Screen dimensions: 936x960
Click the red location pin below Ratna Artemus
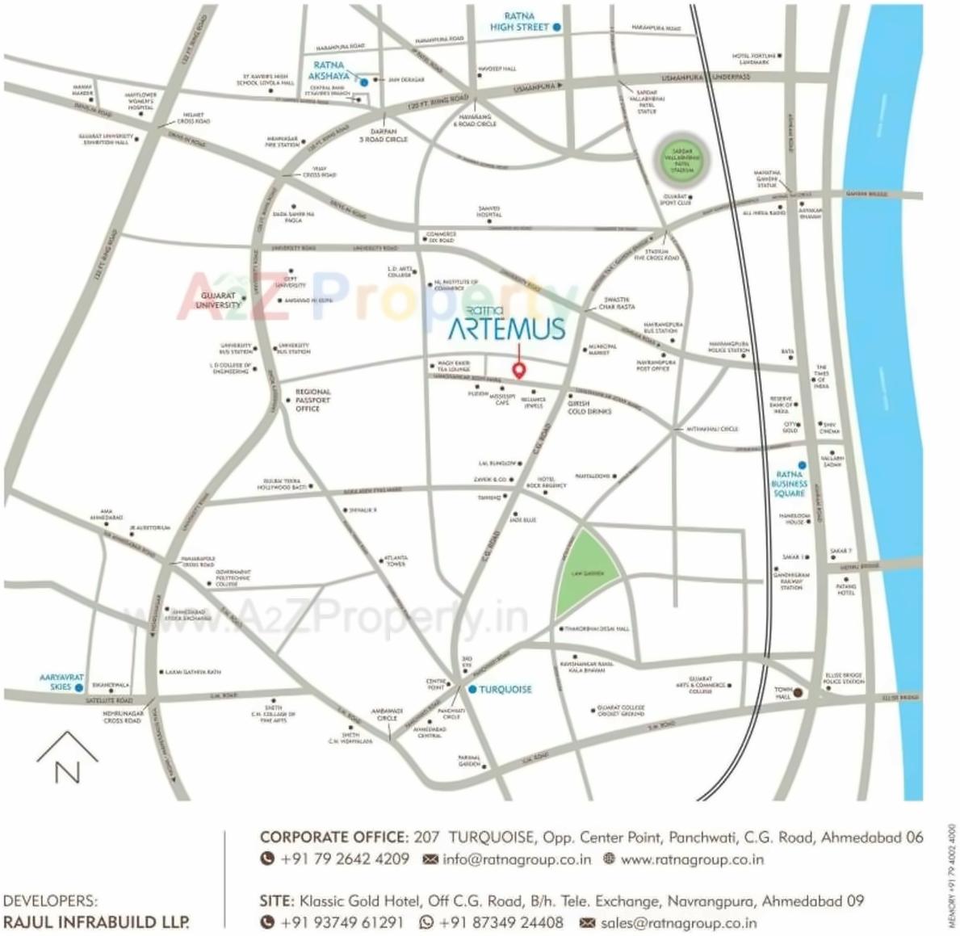coord(520,370)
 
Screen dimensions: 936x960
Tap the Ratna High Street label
coord(519,22)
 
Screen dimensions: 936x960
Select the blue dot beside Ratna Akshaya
coord(364,82)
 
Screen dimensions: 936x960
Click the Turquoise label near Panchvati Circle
coord(505,689)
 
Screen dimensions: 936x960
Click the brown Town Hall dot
coord(797,692)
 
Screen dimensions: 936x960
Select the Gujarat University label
coord(218,300)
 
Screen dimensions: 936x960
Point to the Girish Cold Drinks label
coord(589,407)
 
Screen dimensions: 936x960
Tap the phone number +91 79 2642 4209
coord(344,859)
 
